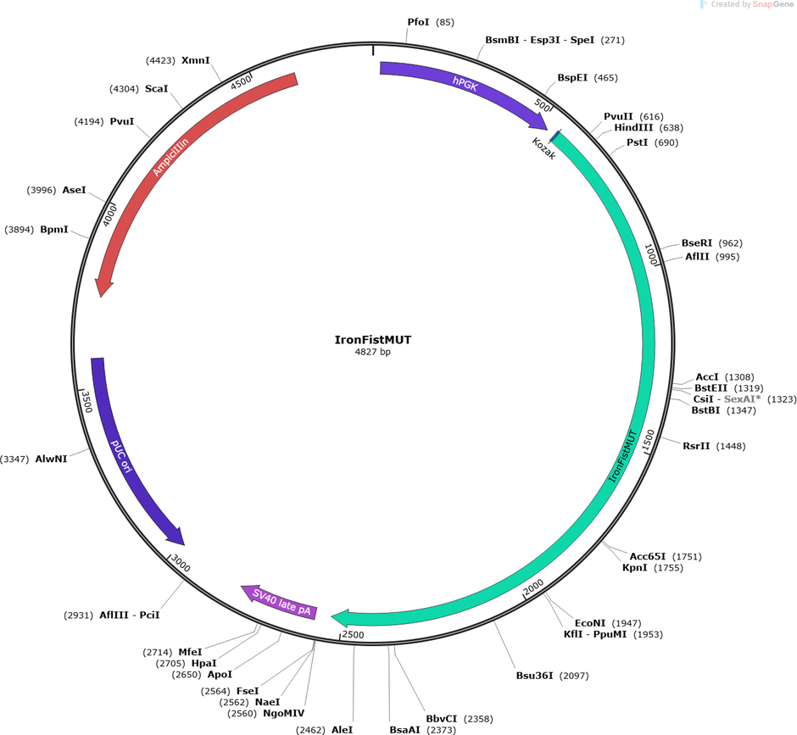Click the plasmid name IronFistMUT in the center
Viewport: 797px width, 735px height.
coord(372,340)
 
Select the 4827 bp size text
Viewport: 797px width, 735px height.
coord(372,352)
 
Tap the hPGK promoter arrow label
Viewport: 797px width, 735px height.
coord(465,83)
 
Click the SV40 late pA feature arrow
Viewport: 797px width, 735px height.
coord(280,603)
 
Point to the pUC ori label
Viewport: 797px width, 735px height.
coord(121,456)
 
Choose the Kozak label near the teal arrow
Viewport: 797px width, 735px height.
coord(543,148)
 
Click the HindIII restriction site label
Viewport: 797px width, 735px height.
coord(633,127)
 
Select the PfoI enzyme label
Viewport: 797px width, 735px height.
coord(418,22)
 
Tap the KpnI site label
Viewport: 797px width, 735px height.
coord(635,567)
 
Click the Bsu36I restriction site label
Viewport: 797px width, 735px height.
coord(534,676)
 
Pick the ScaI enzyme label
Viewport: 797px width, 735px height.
coord(156,89)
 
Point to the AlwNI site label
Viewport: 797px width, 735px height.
coord(51,459)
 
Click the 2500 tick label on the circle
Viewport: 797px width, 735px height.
coord(353,634)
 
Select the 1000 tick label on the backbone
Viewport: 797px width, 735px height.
coord(650,253)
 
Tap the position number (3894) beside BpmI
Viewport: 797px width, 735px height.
coord(20,230)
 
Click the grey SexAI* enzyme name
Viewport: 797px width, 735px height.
coord(743,399)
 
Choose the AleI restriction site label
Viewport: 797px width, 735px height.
coord(342,730)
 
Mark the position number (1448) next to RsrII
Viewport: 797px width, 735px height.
coord(731,446)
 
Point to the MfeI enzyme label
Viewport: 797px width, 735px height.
coord(190,652)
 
